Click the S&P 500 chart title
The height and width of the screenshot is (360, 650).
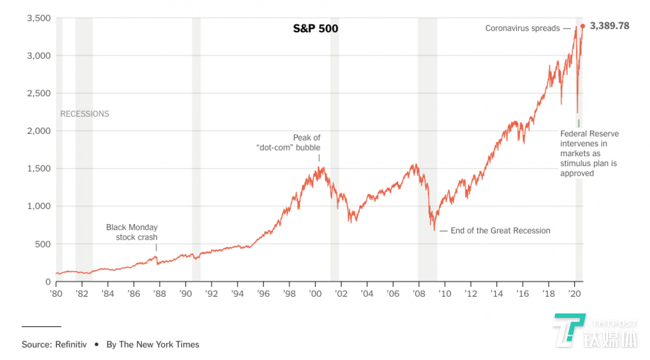tap(316, 29)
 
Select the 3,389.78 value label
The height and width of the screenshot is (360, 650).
tap(609, 26)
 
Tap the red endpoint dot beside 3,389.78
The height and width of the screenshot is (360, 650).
tap(583, 26)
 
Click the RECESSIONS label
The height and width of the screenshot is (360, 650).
tap(85, 114)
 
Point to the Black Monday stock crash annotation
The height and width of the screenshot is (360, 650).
tap(132, 232)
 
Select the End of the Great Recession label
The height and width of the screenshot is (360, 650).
tap(500, 231)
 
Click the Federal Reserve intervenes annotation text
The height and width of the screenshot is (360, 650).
tap(590, 154)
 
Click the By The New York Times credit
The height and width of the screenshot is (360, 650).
tap(153, 345)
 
